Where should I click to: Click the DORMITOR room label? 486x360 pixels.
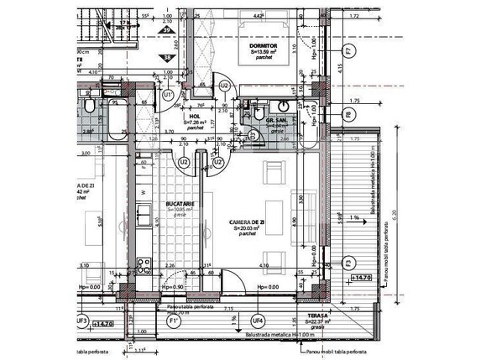(x=264, y=45)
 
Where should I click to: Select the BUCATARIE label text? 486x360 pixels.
(x=180, y=203)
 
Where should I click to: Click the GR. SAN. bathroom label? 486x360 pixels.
(x=278, y=120)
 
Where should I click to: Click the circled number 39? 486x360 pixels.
(x=168, y=29)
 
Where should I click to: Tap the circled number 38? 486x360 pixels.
(x=168, y=57)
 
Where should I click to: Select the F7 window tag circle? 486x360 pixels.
(x=348, y=50)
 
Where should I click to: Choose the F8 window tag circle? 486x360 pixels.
(x=347, y=113)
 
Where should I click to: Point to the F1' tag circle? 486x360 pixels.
(x=174, y=320)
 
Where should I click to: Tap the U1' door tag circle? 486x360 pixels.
(x=168, y=95)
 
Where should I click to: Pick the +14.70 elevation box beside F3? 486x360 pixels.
(x=360, y=277)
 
